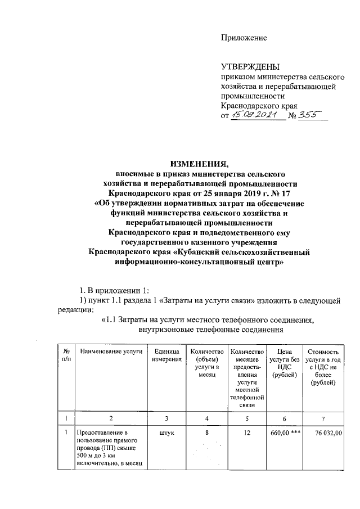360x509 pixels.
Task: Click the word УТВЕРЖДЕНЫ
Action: click(249, 67)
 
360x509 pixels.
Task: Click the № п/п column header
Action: click(67, 355)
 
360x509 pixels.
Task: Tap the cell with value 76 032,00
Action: click(323, 433)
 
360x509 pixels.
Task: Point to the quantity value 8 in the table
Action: click(207, 433)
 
